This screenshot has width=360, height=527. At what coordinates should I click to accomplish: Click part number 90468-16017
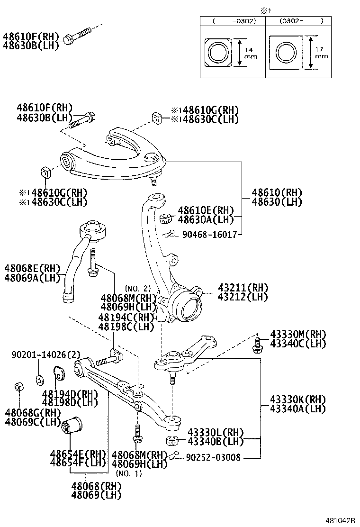point(209,234)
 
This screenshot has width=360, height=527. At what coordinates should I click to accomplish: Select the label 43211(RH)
point(243,288)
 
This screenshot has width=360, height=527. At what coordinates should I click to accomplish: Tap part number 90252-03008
point(213,457)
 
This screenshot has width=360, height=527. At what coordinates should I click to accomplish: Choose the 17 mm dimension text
point(321,53)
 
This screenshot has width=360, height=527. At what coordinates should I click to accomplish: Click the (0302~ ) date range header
point(301,21)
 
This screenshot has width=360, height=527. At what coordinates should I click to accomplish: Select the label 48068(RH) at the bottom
point(97,486)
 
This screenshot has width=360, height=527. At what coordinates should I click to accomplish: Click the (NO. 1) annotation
point(129,473)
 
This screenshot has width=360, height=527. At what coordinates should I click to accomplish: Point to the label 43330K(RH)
point(298,399)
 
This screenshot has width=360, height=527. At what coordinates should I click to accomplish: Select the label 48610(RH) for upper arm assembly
point(277,193)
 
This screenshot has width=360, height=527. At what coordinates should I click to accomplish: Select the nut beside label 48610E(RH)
point(165,218)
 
